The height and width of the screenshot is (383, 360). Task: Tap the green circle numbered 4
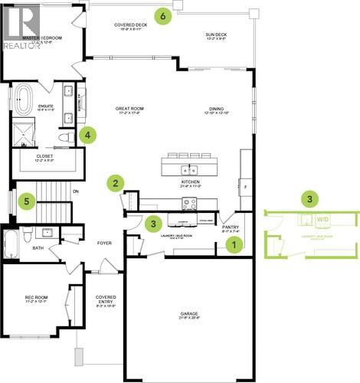pos(89,135)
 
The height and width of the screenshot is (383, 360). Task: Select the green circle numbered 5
pos(28,201)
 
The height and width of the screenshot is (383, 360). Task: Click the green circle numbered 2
pos(116,182)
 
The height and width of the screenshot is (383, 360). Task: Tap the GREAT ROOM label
pos(129,109)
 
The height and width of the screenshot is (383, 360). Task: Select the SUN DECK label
pos(217,34)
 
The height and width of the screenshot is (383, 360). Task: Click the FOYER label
pos(104,244)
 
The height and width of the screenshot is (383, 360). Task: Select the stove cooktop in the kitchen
pos(188,204)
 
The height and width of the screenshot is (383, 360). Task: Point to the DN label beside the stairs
pos(76,191)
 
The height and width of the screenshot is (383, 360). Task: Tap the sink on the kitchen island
pos(184,169)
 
